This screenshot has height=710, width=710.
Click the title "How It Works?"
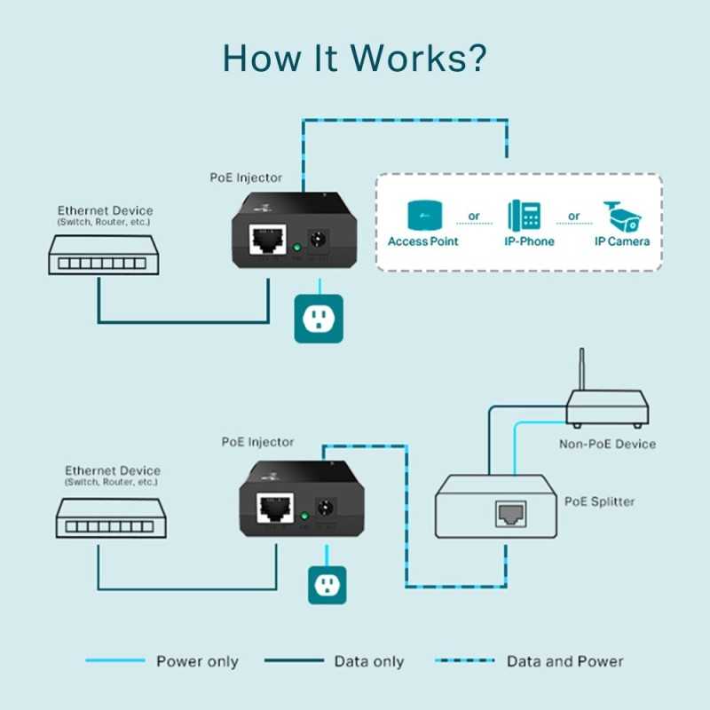coord(354,57)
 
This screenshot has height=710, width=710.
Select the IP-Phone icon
coord(524,215)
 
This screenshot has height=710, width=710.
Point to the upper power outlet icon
coord(317,319)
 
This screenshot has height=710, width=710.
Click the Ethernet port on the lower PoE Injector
coord(274,509)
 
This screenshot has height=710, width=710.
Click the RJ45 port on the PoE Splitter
coord(510,513)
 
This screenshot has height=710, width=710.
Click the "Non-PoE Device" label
coord(607,444)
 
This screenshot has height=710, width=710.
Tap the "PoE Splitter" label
coord(599,501)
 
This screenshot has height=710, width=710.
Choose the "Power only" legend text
coord(197,661)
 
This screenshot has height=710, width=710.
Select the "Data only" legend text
coord(368,661)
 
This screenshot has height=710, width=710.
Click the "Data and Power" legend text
coord(564,661)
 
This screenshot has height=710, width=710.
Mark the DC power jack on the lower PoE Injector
coord(326,509)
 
